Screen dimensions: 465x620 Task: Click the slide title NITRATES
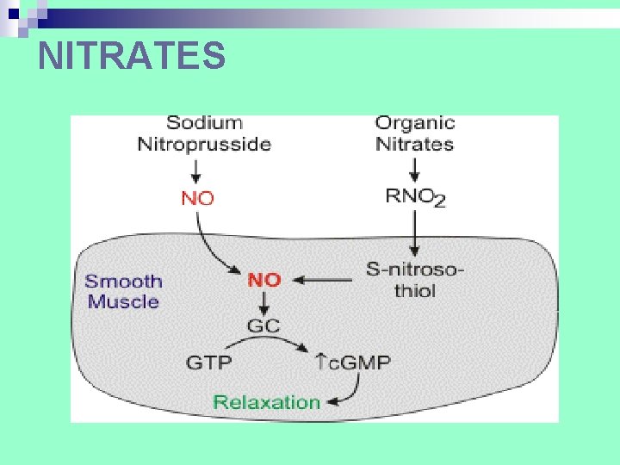[132, 56]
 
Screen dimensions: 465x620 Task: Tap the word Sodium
[204, 124]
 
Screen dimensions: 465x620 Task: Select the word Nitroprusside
[204, 144]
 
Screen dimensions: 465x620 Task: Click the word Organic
[414, 124]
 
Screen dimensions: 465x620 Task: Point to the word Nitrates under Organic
[414, 144]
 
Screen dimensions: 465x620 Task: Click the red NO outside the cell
[198, 197]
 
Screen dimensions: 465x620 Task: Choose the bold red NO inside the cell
[264, 280]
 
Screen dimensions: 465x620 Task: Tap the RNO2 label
[416, 197]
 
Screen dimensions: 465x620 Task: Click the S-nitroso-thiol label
[415, 280]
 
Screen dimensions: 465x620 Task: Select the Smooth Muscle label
[123, 291]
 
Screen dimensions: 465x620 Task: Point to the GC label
[264, 326]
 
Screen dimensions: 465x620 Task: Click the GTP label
[209, 362]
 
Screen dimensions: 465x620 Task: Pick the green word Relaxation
[266, 401]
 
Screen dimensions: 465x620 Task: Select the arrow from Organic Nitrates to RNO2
[415, 169]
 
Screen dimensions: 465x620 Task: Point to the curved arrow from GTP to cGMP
[267, 340]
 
